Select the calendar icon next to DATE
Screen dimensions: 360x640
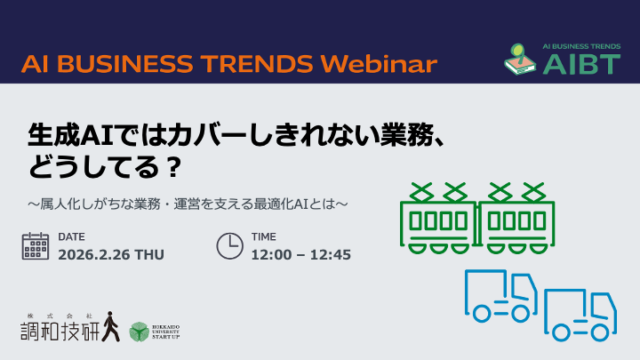coord(36,245)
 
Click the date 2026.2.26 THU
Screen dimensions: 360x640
coord(111,255)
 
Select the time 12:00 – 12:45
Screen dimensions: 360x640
coord(301,255)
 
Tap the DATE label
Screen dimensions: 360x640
coord(71,236)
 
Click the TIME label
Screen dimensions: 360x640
coord(264,236)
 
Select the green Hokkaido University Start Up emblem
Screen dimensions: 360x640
coord(140,332)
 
